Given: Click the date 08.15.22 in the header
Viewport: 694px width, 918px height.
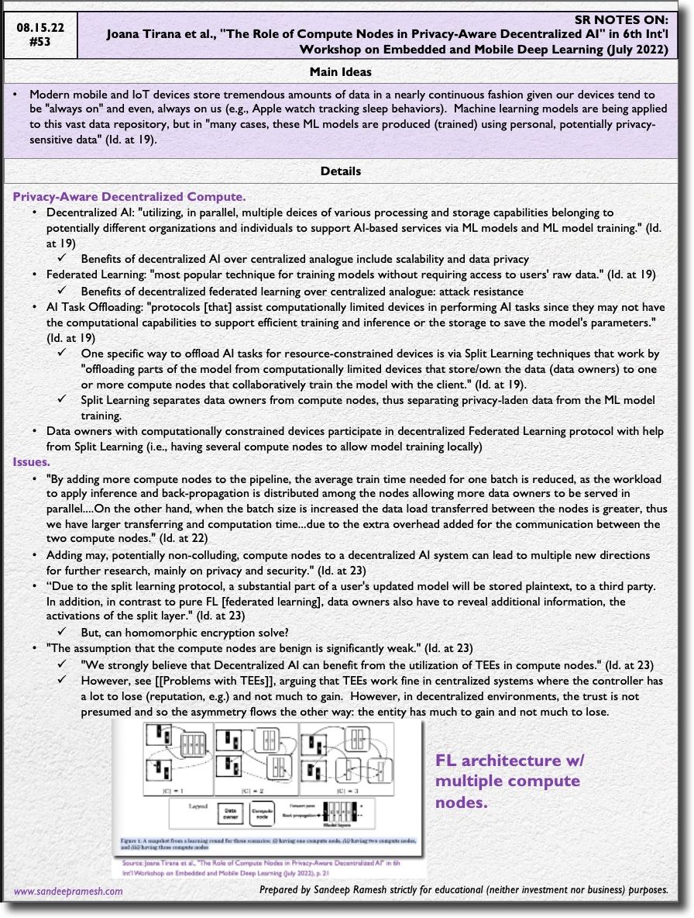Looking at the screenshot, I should tap(40, 27).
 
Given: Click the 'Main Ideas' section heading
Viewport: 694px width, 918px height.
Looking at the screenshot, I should tap(340, 72).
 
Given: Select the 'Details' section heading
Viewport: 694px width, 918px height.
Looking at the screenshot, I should tap(340, 171).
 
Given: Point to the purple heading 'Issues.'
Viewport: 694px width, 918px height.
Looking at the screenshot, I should tap(32, 462).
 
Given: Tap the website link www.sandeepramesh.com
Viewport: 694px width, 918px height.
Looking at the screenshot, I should tap(68, 892).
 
